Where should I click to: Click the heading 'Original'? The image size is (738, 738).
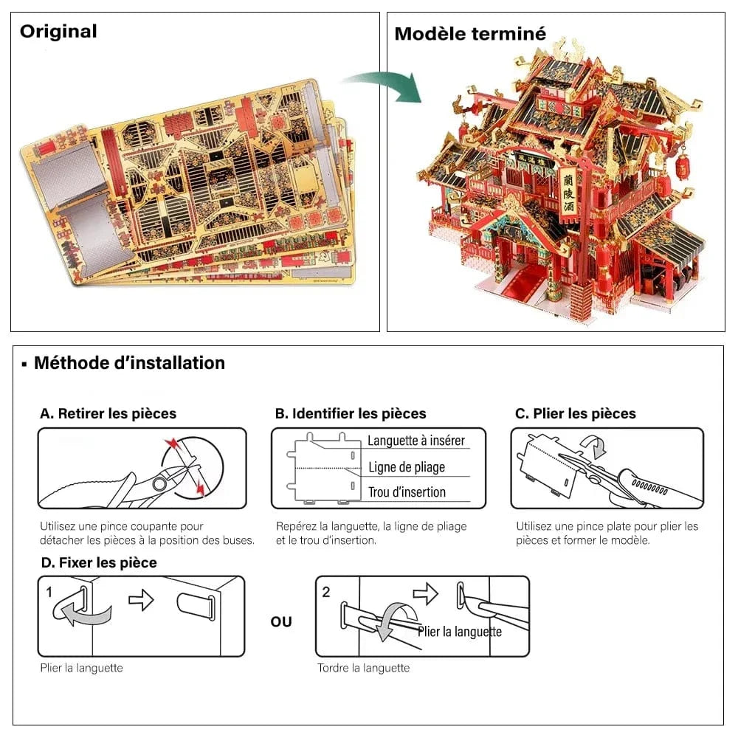click(58, 32)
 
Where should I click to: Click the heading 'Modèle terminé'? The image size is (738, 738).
click(470, 34)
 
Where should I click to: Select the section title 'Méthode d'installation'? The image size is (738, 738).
click(128, 363)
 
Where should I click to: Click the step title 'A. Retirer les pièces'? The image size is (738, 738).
click(108, 414)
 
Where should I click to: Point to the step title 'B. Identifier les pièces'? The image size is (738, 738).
click(351, 414)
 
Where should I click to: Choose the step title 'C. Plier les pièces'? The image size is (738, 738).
click(575, 414)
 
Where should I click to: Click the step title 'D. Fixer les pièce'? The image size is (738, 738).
click(98, 563)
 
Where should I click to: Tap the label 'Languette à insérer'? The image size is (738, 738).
click(416, 441)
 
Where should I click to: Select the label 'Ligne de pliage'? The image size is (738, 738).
click(407, 467)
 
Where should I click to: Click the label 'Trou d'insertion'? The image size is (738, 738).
click(407, 492)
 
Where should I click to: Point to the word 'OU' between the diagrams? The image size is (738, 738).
click(281, 622)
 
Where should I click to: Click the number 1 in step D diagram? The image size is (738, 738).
click(49, 592)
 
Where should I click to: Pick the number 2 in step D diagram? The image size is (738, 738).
click(327, 592)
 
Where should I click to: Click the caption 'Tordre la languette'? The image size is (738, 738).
click(363, 669)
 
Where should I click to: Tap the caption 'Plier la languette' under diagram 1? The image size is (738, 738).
click(81, 669)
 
